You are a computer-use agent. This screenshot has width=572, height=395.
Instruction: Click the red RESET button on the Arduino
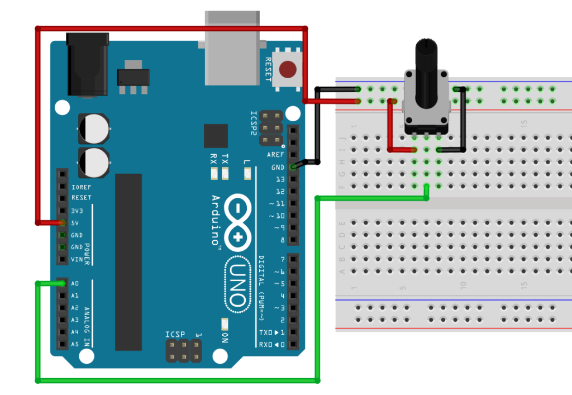288,69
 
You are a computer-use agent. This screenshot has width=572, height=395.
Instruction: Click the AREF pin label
275,155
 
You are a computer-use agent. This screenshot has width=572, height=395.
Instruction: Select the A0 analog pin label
75,284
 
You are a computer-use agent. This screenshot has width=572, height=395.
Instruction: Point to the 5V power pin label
75,222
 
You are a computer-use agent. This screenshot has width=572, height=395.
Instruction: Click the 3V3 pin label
78,210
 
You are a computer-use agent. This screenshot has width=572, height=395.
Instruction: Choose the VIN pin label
77,259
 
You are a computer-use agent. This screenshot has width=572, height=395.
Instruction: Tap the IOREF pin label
82,186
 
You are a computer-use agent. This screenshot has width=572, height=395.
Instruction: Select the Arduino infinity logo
238,217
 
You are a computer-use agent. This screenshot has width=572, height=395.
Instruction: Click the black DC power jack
87,64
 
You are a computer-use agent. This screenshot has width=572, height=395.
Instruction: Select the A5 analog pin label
75,345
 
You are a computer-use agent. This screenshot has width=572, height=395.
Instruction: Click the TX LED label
225,159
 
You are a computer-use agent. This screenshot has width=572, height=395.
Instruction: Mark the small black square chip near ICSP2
216,136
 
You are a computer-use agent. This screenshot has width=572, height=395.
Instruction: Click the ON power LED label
225,337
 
